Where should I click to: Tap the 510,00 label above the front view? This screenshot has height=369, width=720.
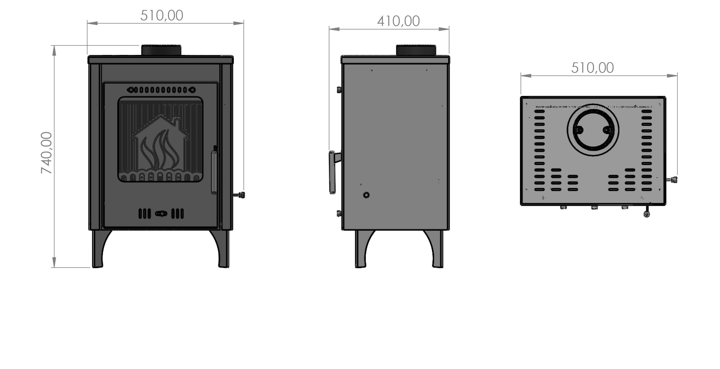tap(162, 16)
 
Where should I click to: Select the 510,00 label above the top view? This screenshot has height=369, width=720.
tap(592, 68)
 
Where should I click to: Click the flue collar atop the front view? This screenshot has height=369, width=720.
tap(161, 50)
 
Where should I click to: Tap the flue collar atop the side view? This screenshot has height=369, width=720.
tap(416, 50)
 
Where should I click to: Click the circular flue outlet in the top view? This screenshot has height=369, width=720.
tap(593, 130)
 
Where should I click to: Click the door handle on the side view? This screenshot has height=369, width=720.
tap(333, 172)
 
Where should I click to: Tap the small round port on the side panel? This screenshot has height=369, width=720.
tap(366, 195)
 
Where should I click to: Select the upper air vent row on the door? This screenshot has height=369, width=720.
tap(161, 90)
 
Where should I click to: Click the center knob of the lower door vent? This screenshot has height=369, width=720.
tap(161, 214)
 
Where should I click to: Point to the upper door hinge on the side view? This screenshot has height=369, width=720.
tap(339, 90)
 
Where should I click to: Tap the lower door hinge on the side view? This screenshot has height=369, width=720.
tap(339, 213)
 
